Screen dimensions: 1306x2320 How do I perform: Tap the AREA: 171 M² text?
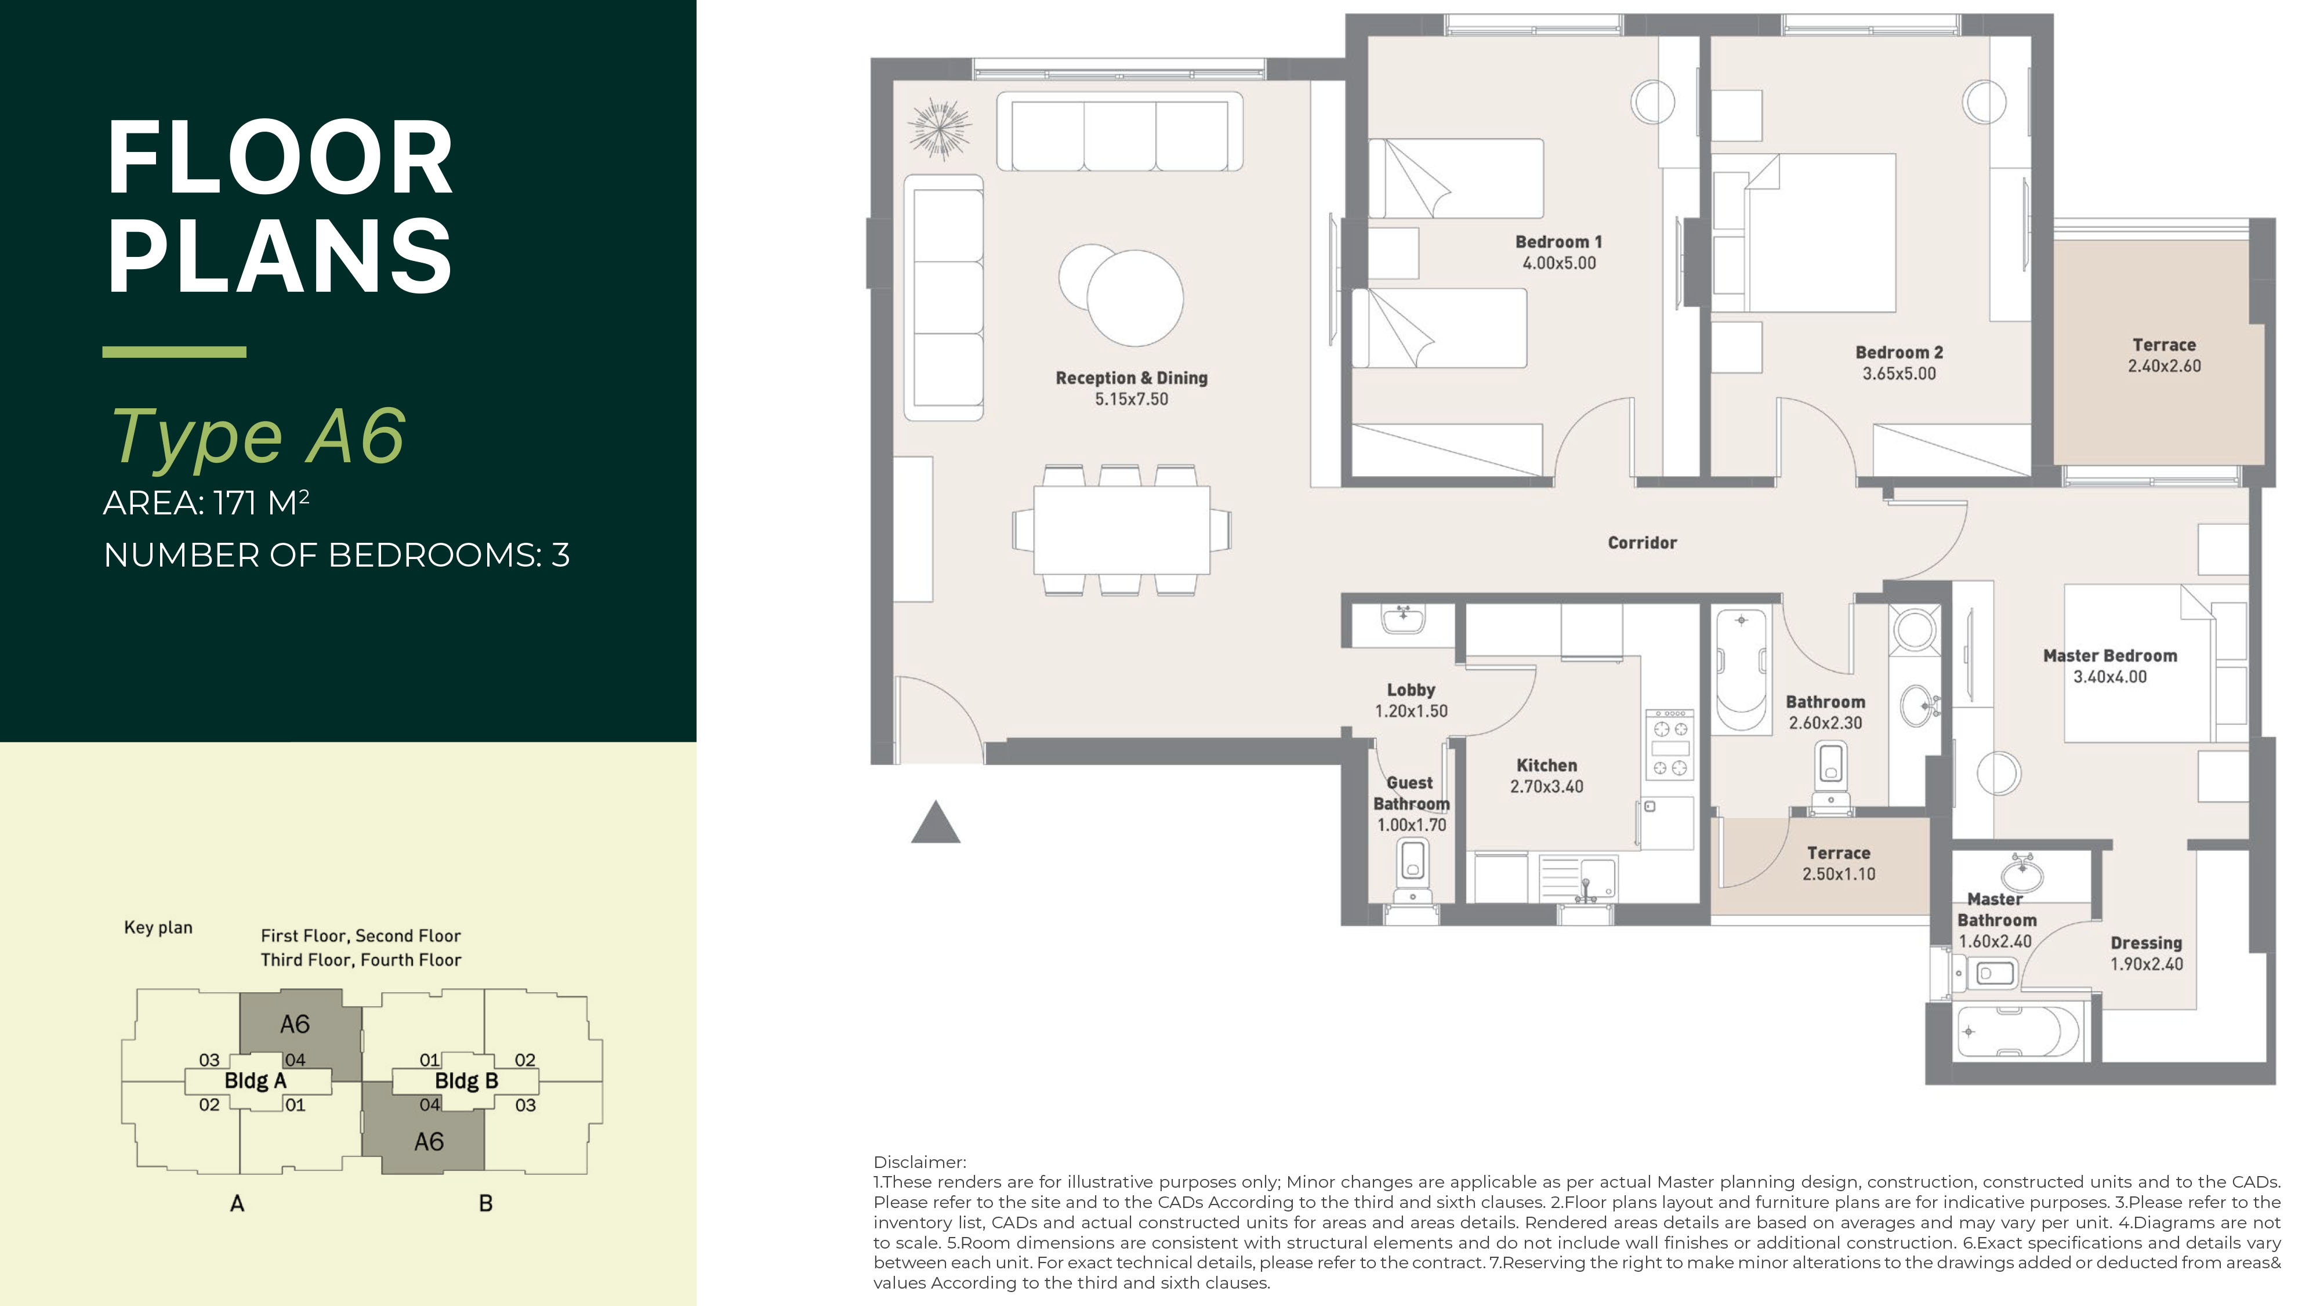(x=206, y=503)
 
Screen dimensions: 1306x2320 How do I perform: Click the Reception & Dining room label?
(x=1131, y=378)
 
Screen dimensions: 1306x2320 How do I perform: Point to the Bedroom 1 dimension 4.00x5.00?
(x=1559, y=264)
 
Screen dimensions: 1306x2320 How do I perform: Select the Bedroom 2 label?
(x=1898, y=352)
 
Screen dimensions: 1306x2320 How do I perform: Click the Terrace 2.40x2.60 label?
(x=2163, y=355)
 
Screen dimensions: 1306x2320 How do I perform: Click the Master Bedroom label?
(x=2109, y=656)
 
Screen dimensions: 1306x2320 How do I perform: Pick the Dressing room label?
(x=2146, y=943)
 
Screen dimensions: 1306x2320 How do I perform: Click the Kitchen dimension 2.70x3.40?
(x=1546, y=786)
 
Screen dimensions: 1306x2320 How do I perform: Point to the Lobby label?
(x=1411, y=690)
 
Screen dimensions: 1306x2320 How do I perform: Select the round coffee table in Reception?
(x=1133, y=298)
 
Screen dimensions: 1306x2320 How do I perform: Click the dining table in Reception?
(x=1121, y=529)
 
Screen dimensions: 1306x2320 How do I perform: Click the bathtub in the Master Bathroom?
(x=2017, y=1032)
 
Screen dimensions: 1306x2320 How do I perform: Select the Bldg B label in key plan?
(x=466, y=1081)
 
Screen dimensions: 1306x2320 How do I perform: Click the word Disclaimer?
(x=919, y=1162)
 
